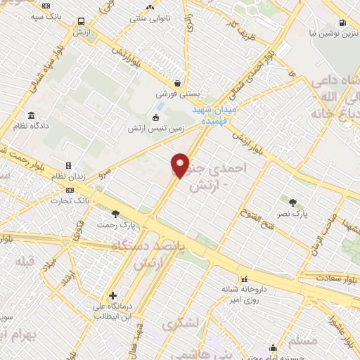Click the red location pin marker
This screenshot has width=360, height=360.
point(180,165)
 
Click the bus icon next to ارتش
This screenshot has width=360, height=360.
point(82,22)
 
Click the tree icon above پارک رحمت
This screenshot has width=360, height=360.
point(116,214)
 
